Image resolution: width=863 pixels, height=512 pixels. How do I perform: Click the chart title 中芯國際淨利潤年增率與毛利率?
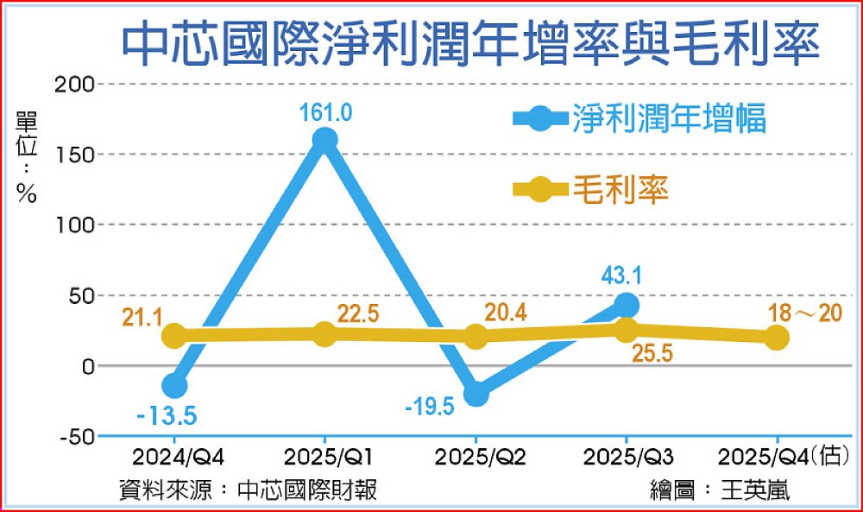470,46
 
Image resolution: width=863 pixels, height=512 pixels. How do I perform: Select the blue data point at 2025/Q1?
324,139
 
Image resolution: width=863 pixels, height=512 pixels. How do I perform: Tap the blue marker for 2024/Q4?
174,385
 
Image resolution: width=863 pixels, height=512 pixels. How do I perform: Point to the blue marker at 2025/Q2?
476,394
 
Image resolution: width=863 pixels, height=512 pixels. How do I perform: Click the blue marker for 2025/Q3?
627,305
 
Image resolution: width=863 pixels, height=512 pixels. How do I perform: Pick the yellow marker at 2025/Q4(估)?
777,338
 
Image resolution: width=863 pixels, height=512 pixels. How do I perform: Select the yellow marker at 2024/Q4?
174,336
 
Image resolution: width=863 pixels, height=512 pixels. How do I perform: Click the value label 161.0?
325,112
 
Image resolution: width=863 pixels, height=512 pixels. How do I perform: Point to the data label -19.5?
429,405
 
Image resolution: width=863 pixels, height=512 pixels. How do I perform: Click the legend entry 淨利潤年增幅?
669,119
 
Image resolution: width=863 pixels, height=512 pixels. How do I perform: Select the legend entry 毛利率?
620,190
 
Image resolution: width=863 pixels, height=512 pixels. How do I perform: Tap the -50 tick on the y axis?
79,437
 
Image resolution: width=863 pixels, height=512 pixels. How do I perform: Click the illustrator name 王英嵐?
757,490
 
